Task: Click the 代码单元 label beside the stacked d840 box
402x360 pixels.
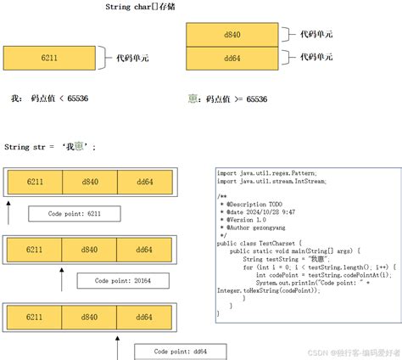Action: [316, 35]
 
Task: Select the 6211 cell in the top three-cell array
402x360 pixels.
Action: [35, 182]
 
